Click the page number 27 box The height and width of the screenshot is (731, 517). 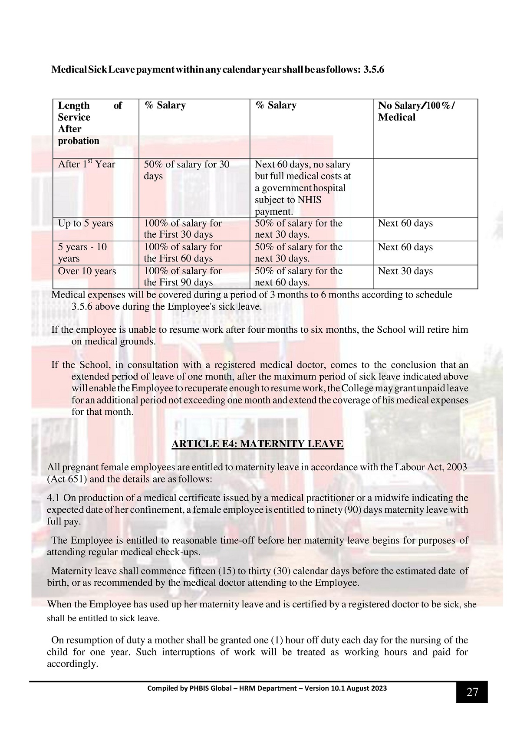(471, 692)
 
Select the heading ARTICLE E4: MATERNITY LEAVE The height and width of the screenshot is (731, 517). (257, 444)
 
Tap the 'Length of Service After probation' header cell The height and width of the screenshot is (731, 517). (90, 123)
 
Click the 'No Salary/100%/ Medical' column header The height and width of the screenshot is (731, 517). (417, 111)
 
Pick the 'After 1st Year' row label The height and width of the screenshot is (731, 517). (87, 164)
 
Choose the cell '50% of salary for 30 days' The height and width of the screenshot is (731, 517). (187, 170)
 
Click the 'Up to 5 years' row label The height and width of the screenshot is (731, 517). (86, 223)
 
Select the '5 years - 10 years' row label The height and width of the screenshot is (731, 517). (82, 252)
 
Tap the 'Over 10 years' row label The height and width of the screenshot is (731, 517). (87, 271)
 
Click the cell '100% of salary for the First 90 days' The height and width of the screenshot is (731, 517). (183, 276)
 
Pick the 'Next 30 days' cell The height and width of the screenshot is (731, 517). (405, 271)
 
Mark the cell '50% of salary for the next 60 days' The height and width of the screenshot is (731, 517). (299, 276)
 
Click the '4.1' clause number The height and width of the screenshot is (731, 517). (54, 498)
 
